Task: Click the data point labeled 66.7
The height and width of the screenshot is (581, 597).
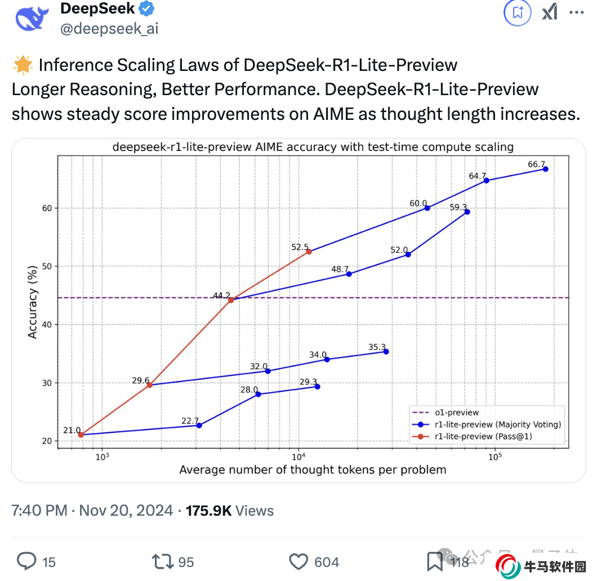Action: (545, 169)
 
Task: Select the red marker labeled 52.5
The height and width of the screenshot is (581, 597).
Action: (309, 252)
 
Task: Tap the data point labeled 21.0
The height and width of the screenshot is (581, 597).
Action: (81, 435)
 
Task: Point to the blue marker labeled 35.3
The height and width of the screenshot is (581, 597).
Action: (386, 352)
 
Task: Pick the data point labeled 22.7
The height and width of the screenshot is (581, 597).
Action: (199, 425)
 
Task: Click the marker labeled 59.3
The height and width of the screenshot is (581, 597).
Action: (467, 212)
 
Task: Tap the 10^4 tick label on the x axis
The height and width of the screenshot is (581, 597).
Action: (298, 455)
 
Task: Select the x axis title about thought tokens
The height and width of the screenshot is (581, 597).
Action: (313, 470)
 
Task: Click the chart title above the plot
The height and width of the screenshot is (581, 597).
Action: (313, 148)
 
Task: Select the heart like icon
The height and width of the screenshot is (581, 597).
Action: (298, 561)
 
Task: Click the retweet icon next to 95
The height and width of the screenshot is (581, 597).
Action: (162, 561)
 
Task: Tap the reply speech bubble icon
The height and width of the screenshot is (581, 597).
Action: (27, 561)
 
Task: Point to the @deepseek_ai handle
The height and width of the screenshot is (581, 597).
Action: (109, 29)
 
